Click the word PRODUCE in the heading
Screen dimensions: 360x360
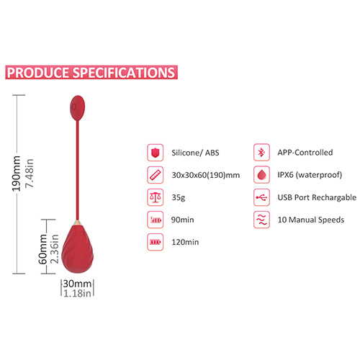[37, 73]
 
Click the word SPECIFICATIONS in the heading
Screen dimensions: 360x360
[124, 73]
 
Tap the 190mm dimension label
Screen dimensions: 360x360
[17, 174]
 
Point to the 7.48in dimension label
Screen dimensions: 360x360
[30, 174]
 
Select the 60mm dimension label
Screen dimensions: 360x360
[42, 249]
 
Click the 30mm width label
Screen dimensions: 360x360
[77, 284]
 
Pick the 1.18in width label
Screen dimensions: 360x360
[77, 293]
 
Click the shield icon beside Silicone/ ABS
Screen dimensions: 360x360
[156, 153]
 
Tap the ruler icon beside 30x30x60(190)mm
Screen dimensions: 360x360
[156, 175]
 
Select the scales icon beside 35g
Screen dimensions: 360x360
[156, 197]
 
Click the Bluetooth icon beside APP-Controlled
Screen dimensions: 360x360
[261, 153]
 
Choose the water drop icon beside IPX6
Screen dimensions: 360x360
[261, 175]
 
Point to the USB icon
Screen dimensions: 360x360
[261, 197]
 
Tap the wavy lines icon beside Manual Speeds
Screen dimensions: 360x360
[261, 220]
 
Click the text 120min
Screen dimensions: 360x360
[185, 242]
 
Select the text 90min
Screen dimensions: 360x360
[182, 220]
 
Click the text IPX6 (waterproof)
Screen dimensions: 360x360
[310, 175]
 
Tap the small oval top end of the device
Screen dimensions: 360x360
[77, 108]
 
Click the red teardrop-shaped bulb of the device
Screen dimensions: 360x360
[78, 248]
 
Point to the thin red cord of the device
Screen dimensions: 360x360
[77, 170]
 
